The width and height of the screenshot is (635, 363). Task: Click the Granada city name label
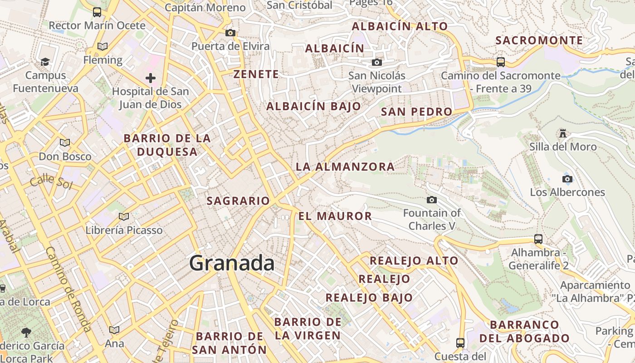click(232, 263)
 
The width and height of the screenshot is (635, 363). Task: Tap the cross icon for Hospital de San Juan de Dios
click(151, 78)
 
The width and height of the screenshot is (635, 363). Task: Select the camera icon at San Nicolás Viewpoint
click(376, 62)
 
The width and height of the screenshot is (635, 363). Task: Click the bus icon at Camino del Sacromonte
click(501, 62)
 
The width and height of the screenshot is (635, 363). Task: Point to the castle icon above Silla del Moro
click(563, 133)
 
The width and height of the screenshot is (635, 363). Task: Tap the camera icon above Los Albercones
click(567, 179)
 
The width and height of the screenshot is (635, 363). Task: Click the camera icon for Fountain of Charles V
click(432, 200)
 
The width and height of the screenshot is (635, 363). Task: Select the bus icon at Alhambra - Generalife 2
click(538, 239)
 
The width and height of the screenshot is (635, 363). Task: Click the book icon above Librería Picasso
click(124, 216)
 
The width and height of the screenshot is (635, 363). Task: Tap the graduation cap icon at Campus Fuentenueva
click(45, 62)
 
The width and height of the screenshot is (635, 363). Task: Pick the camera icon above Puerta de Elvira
click(230, 33)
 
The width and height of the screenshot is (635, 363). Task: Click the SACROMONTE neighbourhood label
click(539, 40)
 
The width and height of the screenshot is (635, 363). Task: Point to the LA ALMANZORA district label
click(345, 167)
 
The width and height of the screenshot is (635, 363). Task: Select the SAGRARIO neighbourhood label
click(238, 201)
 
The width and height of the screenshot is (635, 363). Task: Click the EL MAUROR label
click(335, 216)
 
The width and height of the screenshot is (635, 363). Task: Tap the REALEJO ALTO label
click(414, 261)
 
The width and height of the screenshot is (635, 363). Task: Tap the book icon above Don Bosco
click(65, 142)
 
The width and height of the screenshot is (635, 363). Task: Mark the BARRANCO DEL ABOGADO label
click(524, 331)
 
